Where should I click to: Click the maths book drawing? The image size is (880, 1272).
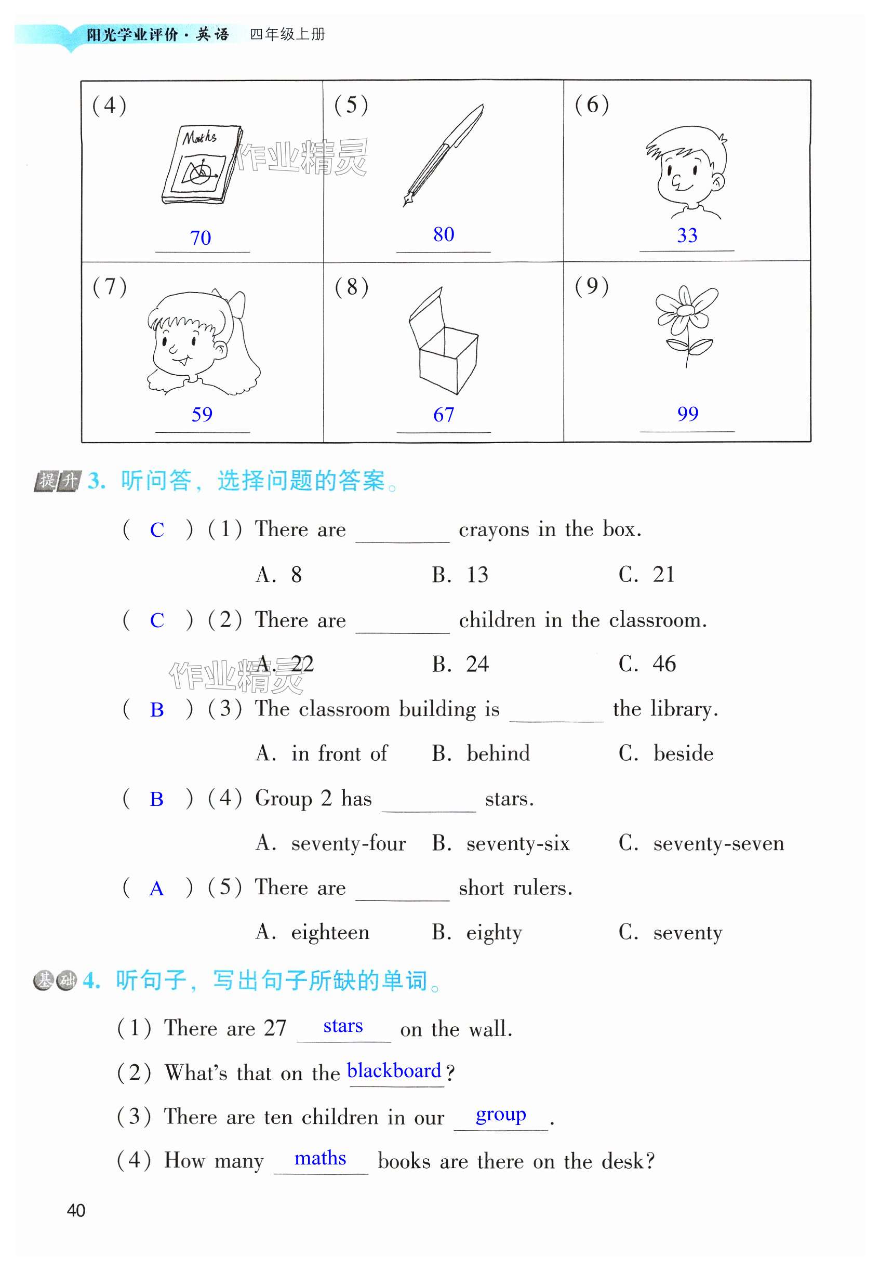[x=202, y=164]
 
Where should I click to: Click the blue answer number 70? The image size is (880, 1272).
[x=201, y=238]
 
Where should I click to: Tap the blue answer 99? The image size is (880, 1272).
[x=688, y=414]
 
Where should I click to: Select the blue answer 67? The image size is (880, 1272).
[x=443, y=415]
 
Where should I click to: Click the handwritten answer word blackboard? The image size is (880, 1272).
[x=394, y=1071]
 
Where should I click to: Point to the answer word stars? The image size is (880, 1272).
[x=343, y=1026]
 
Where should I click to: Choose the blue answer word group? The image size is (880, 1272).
[x=501, y=1115]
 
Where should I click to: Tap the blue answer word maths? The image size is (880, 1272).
[x=321, y=1158]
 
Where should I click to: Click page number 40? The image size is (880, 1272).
[x=76, y=1211]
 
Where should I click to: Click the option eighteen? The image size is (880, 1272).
[x=330, y=932]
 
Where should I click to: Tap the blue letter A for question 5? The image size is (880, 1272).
[x=156, y=889]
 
